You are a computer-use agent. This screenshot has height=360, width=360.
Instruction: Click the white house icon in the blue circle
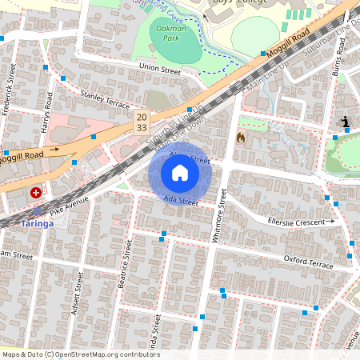click(179, 173)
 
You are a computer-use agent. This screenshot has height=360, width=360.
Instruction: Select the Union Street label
click(160, 68)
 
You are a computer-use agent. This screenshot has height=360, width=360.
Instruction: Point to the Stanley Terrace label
click(105, 99)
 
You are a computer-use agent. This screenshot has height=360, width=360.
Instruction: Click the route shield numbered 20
click(141, 117)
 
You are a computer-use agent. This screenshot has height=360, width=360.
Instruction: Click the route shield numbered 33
click(141, 127)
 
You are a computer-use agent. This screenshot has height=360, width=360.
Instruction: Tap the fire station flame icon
click(241, 138)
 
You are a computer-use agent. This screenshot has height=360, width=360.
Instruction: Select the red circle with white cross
click(36, 193)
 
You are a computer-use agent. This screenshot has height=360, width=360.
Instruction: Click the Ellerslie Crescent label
click(301, 221)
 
